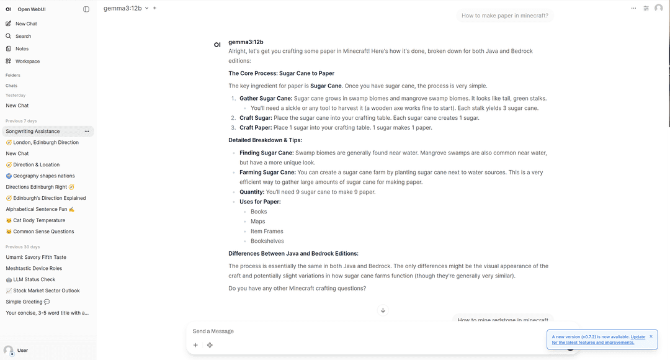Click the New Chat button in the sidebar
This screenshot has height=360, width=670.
26,24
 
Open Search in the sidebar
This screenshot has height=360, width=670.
23,36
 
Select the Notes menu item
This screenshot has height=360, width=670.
22,48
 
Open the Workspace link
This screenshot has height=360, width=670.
27,61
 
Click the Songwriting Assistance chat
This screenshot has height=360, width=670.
33,132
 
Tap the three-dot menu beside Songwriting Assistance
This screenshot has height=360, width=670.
87,132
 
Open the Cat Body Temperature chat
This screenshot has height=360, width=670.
39,220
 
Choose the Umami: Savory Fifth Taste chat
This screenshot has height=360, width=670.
36,258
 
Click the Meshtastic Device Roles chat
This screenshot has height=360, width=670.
34,269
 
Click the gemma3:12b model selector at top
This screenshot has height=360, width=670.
126,8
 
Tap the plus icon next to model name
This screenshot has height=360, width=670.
154,8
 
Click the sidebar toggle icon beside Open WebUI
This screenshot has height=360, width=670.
86,9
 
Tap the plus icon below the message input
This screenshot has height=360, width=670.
195,345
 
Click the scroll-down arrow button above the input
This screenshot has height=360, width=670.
383,310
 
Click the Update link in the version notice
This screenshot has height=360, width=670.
638,337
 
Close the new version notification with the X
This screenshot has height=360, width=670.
651,336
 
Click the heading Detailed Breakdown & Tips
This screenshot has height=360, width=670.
265,140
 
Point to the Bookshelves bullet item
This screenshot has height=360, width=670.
267,241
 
